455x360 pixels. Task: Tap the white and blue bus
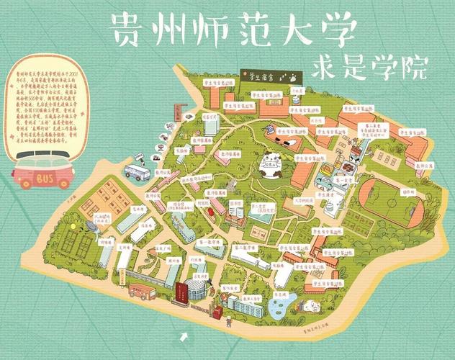point(138,172)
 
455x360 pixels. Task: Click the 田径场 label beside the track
point(408,192)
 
